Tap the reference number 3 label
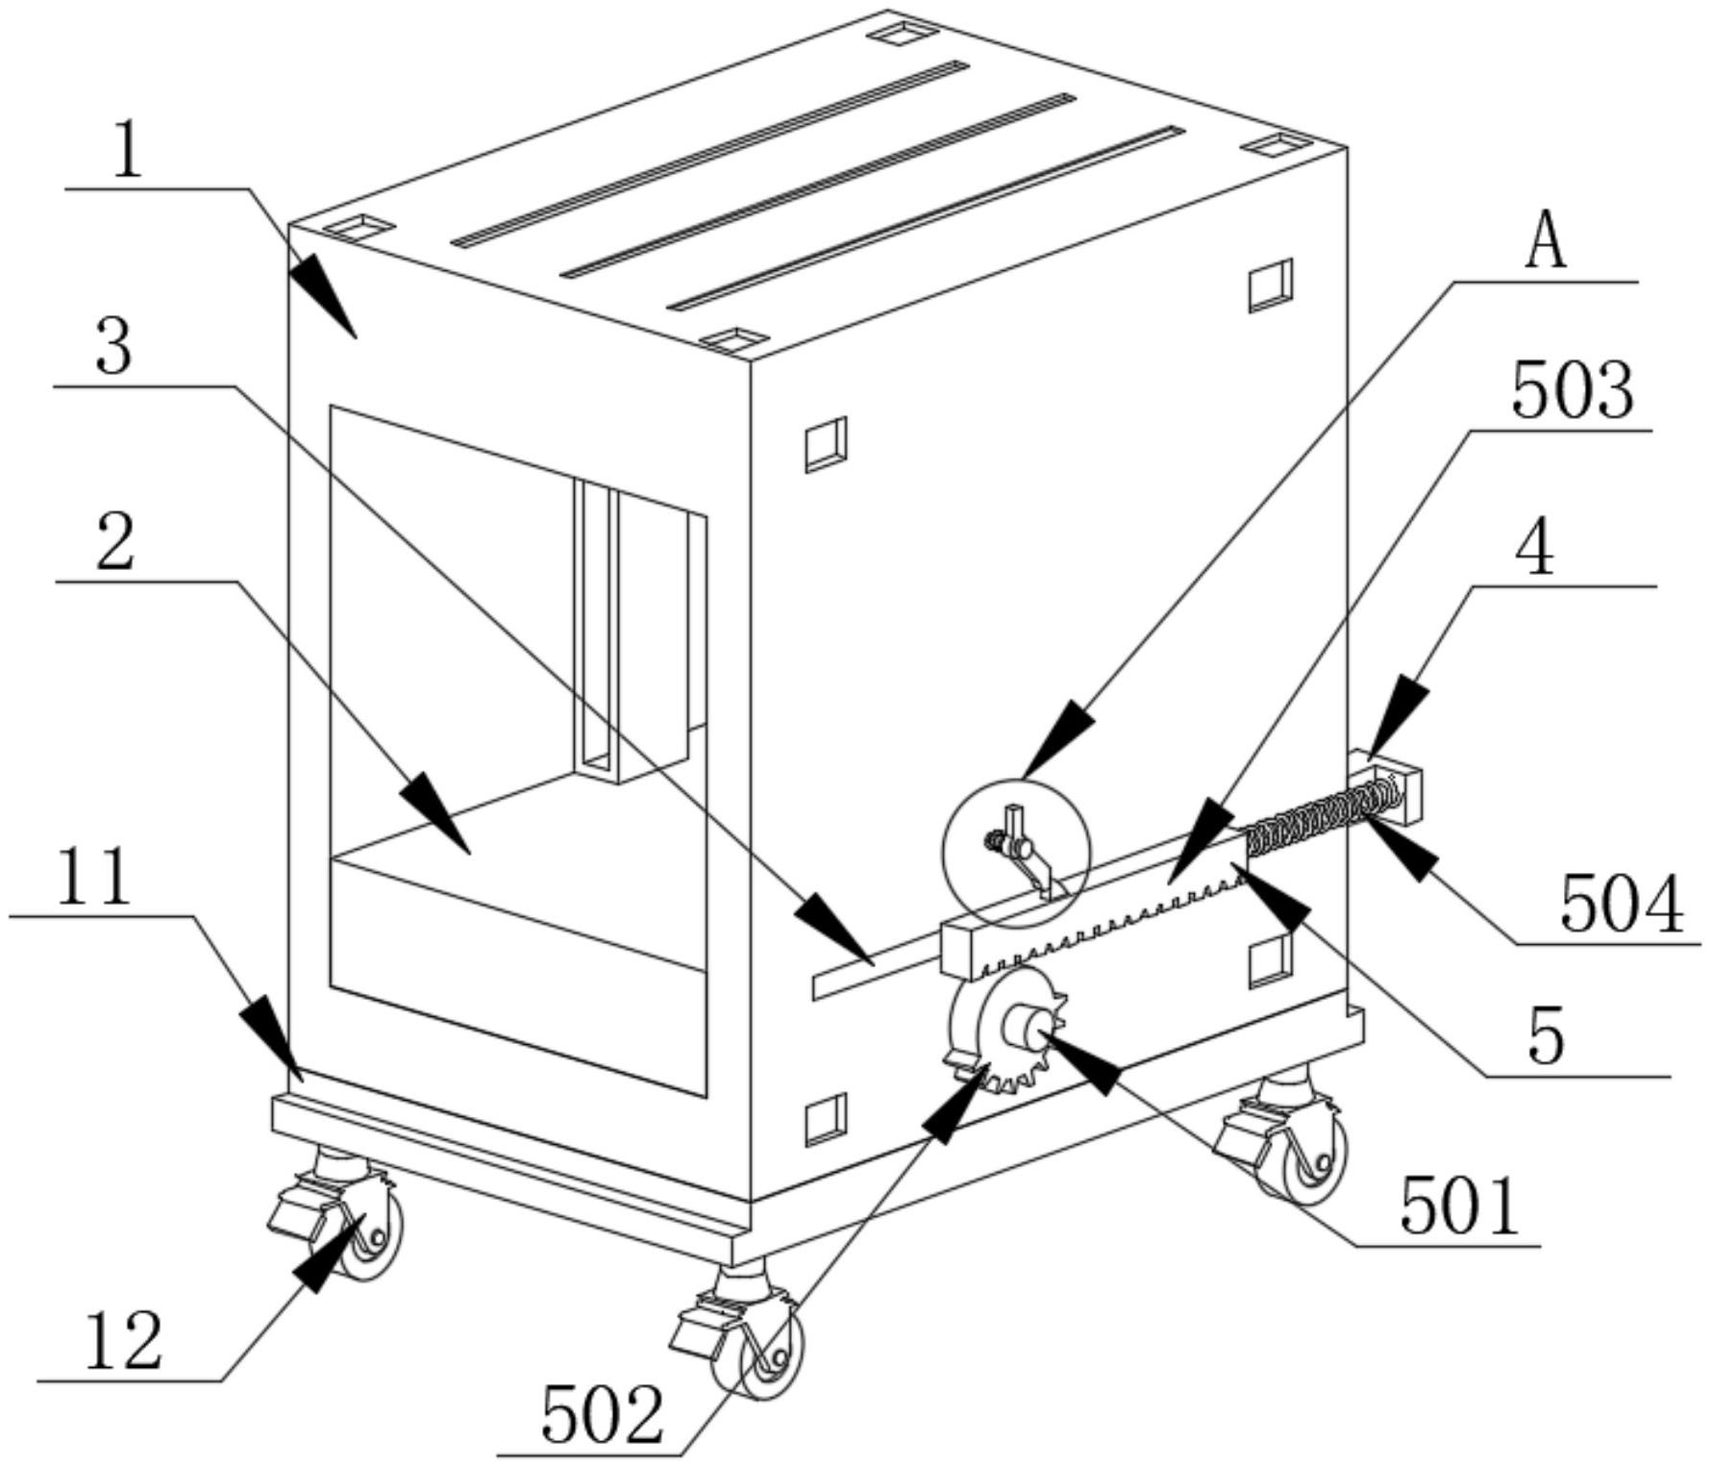114,348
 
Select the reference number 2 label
114,543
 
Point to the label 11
93,877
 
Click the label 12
123,1342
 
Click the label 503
1573,390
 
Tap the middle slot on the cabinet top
817,186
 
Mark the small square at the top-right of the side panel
1271,286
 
